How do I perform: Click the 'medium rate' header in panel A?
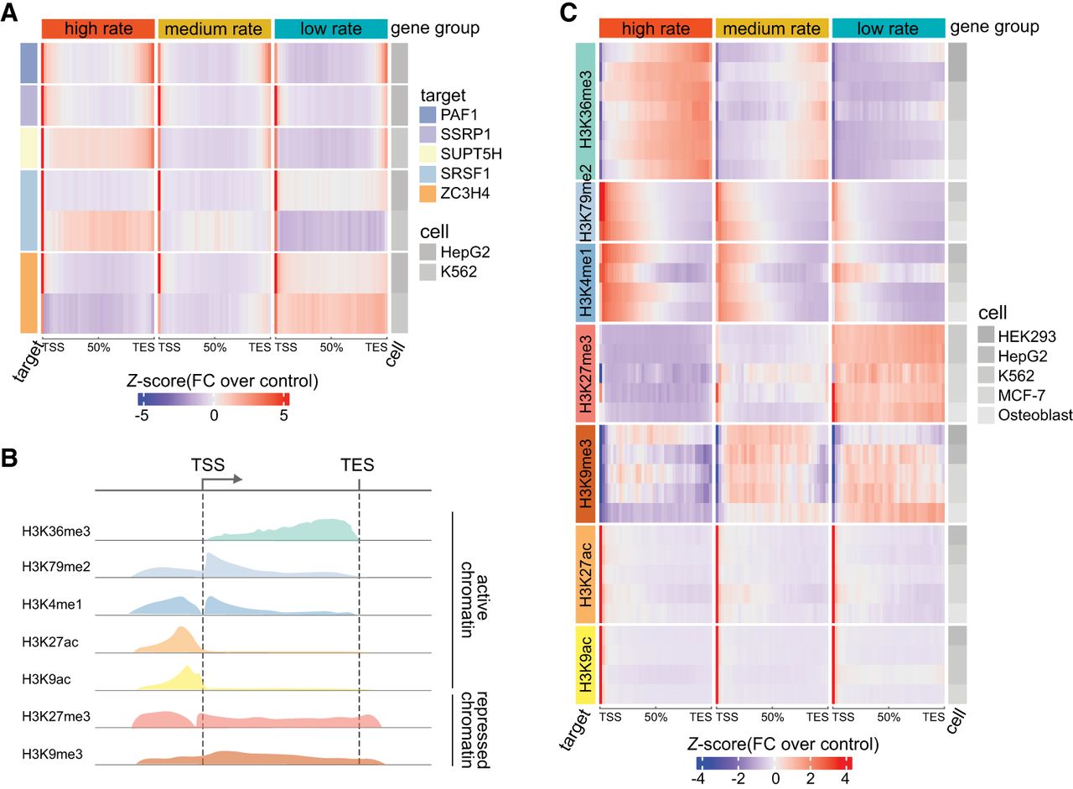[x=215, y=29]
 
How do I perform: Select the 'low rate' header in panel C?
[x=888, y=28]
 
